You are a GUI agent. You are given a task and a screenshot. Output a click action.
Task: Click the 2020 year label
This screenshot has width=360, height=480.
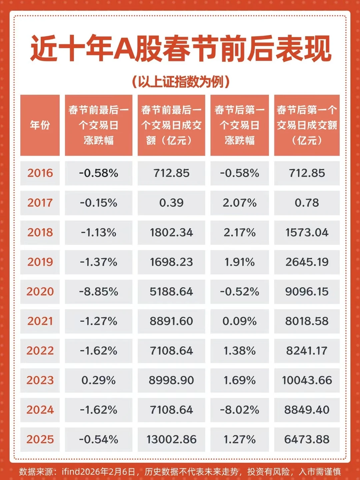[x=40, y=292]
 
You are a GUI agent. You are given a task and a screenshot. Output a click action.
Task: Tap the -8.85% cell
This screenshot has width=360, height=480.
[x=99, y=292]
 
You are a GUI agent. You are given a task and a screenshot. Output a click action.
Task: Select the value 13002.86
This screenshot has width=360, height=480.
[x=171, y=439]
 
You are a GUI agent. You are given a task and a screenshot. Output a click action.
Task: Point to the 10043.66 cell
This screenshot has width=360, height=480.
[x=307, y=380]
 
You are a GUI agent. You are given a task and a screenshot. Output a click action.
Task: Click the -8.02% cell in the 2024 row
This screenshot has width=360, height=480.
[x=239, y=410]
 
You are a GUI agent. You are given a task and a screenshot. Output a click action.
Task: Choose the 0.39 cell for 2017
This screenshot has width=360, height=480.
[x=171, y=203]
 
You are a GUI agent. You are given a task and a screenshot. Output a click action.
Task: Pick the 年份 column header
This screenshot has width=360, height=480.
[x=40, y=125]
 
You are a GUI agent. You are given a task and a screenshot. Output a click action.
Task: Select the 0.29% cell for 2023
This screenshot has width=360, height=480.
[x=99, y=380]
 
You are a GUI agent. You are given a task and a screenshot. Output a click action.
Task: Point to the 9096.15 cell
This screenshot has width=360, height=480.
[x=307, y=292]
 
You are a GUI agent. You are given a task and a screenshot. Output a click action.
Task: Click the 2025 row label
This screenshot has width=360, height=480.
[x=40, y=439]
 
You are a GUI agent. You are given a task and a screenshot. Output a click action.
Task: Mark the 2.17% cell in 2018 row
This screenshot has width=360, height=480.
[x=239, y=232]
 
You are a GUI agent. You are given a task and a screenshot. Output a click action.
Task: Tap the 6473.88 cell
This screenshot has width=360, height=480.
[x=307, y=439]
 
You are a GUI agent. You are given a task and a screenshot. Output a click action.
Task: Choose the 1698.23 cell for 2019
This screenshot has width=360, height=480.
[x=171, y=262]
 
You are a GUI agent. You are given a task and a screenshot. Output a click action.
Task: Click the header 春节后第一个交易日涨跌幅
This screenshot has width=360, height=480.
[x=239, y=125]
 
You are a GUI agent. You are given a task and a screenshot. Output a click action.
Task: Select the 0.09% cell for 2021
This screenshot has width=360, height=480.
[x=239, y=321]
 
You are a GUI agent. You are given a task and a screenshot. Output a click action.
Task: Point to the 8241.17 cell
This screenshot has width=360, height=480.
[x=307, y=351]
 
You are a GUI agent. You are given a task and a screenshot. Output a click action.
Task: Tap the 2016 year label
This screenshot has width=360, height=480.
[x=40, y=173]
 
